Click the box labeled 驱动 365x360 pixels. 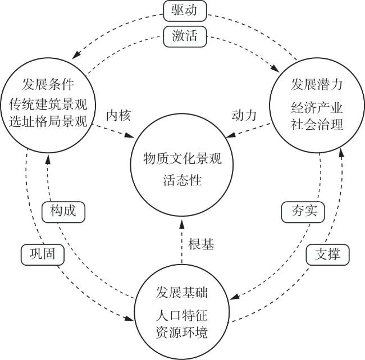click(x=185, y=11)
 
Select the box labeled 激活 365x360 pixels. click(x=185, y=37)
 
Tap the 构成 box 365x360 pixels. click(x=63, y=212)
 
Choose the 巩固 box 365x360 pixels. click(x=42, y=254)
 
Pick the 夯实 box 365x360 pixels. click(x=303, y=212)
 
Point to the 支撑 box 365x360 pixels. click(x=327, y=254)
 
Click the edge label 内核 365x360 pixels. click(x=118, y=115)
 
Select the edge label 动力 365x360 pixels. click(x=244, y=115)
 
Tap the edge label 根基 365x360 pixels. click(x=201, y=244)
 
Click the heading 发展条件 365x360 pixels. click(x=48, y=84)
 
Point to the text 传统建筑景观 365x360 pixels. click(x=48, y=104)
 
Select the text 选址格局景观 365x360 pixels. click(x=48, y=122)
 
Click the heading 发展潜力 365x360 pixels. click(x=317, y=84)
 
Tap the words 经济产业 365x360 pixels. click(x=317, y=108)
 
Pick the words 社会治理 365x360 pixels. click(x=317, y=125)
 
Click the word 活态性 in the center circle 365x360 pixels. click(x=182, y=180)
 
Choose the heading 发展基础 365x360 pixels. click(x=181, y=293)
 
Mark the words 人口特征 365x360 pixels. click(x=181, y=316)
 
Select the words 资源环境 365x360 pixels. click(x=181, y=332)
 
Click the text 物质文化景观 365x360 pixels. click(x=182, y=159)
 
